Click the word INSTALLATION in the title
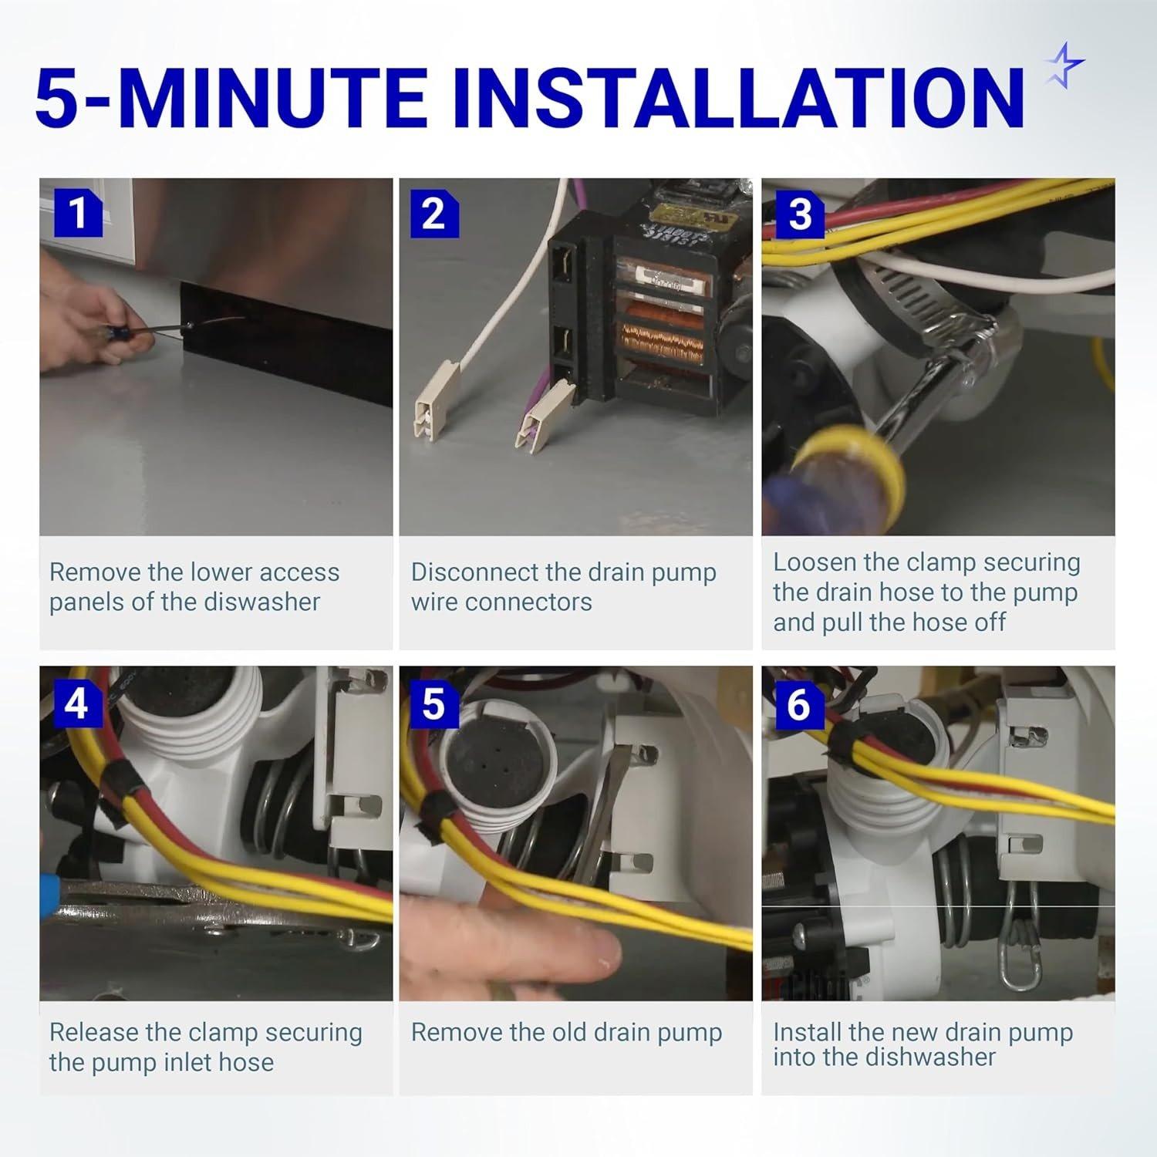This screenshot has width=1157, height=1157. pos(747,98)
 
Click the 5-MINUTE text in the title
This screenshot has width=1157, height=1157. pos(243,98)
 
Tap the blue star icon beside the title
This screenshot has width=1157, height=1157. pos(1064,66)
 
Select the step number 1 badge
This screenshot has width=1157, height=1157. pos(78,213)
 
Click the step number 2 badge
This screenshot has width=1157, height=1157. pos(434,213)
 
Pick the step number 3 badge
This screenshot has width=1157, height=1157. pos(800,213)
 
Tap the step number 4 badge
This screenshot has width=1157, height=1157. pos(78,703)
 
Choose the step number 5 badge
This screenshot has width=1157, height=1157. pos(434,703)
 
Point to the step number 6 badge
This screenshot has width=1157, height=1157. pos(800,703)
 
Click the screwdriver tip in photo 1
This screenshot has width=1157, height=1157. pos(187,329)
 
